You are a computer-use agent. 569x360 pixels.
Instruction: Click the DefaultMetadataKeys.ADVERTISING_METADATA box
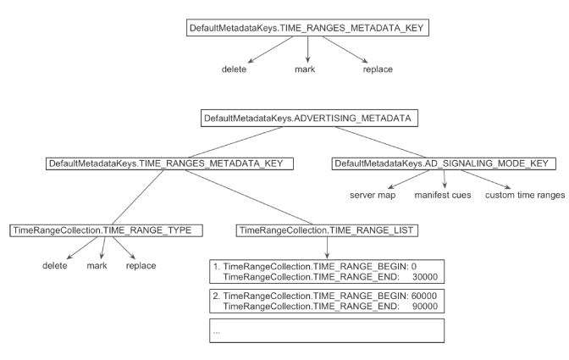point(307,119)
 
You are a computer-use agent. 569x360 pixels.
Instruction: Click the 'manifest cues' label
point(443,196)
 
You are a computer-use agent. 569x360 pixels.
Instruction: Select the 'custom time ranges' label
point(523,196)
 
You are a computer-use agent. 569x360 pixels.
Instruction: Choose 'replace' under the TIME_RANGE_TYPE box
point(141,265)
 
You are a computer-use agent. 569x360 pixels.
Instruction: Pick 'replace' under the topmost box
point(378,69)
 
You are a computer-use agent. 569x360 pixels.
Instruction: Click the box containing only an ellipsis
point(328,330)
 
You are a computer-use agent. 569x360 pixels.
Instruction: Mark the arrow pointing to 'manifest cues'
point(445,180)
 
